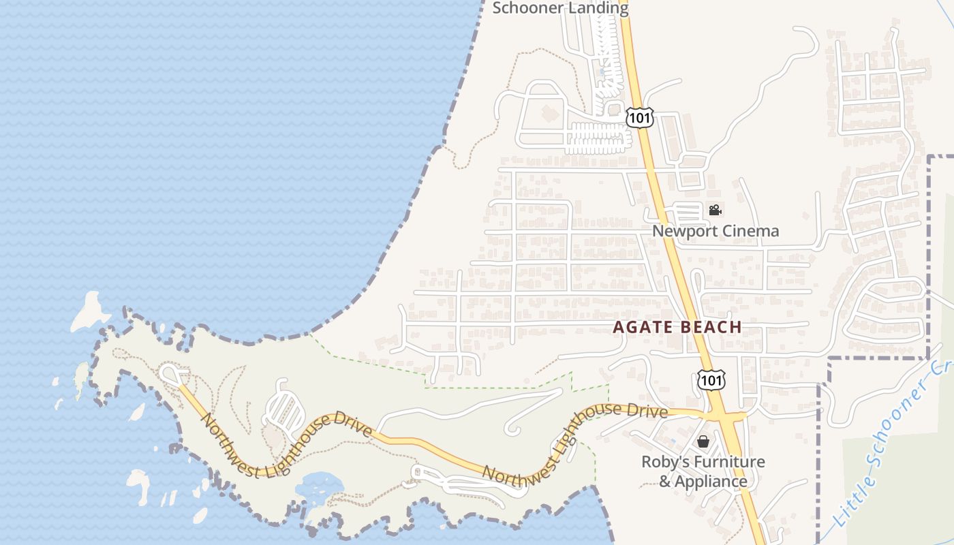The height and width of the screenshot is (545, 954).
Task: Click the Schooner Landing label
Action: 560,8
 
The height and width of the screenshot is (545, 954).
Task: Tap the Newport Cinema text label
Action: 715,231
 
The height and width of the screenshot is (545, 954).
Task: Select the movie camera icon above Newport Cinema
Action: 715,211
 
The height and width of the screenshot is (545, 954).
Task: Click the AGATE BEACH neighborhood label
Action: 677,327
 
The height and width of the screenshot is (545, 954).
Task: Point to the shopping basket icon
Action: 703,441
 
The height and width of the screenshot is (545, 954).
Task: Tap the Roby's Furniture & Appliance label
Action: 703,471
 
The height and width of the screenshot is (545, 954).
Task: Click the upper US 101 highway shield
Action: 641,118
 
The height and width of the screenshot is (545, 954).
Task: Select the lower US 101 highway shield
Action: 711,380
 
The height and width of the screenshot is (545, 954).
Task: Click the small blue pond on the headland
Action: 319,486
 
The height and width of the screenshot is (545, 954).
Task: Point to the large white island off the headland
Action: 91,311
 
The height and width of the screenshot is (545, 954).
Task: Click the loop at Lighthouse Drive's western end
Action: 172,373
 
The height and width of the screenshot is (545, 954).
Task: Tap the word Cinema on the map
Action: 750,231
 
